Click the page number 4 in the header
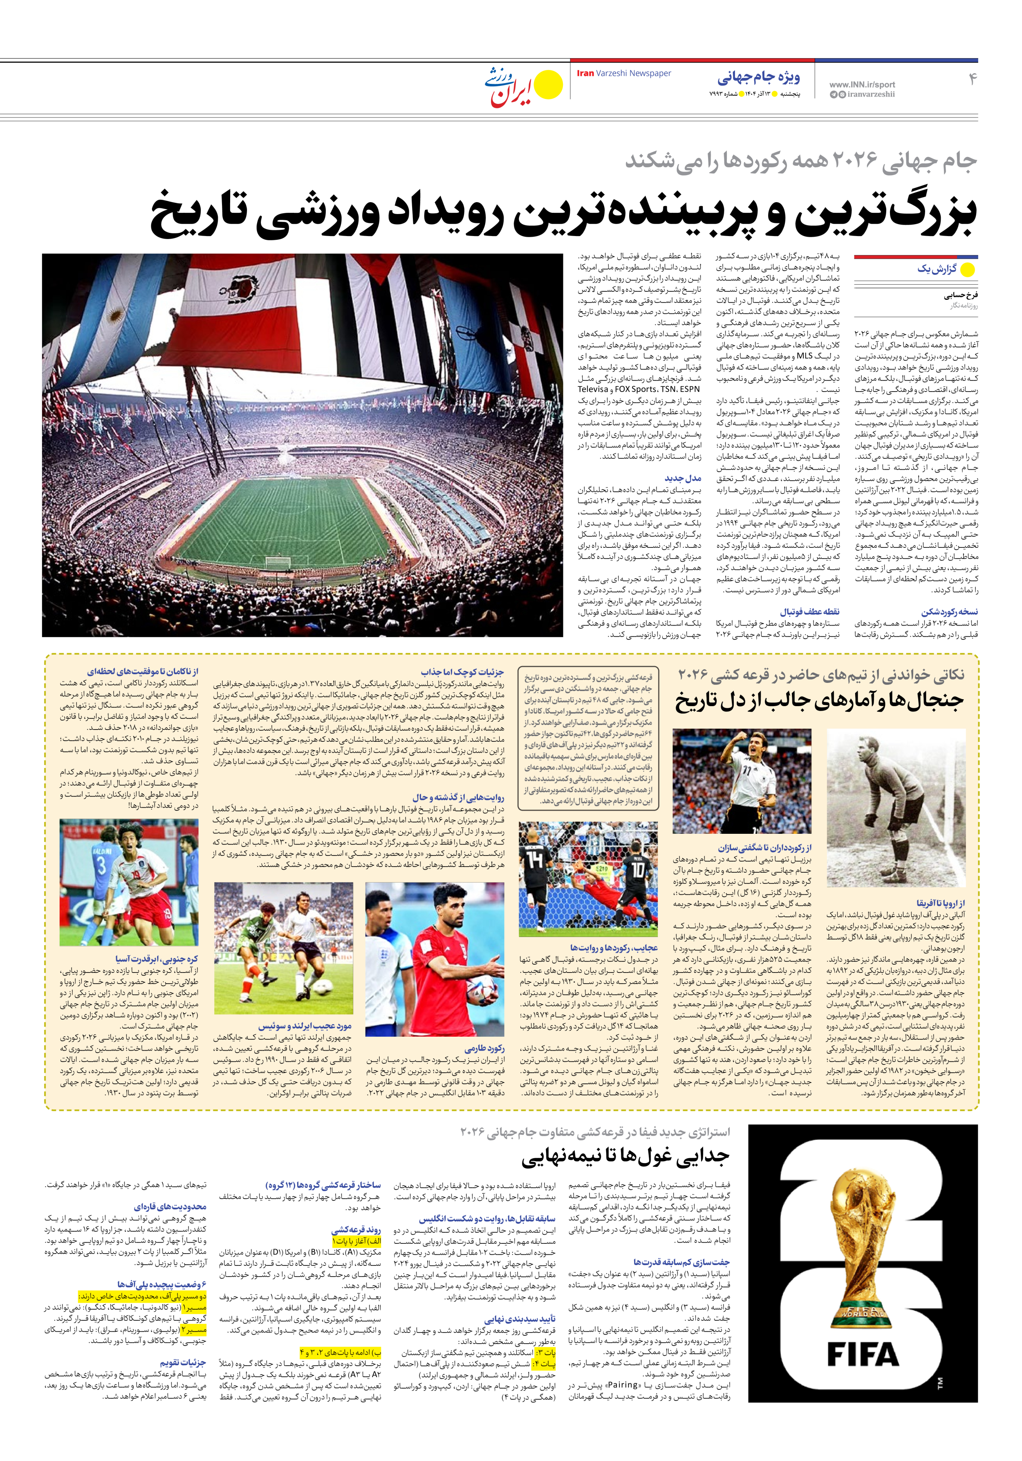[x=972, y=79]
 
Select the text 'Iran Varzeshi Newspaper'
[x=623, y=73]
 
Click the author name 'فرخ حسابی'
[x=961, y=295]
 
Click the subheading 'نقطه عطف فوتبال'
[x=809, y=612]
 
